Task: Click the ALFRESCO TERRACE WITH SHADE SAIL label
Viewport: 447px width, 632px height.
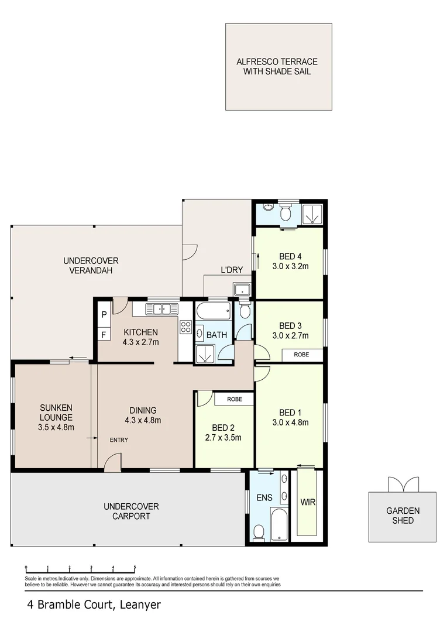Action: click(x=278, y=66)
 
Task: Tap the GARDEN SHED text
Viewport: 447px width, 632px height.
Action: click(x=403, y=516)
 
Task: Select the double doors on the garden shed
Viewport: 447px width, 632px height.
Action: click(x=403, y=484)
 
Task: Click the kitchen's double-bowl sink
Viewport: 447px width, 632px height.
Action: click(x=161, y=309)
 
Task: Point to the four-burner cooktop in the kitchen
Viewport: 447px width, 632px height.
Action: click(x=186, y=327)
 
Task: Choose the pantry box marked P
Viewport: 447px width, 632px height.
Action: click(x=104, y=314)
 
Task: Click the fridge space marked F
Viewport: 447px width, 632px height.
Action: click(x=104, y=335)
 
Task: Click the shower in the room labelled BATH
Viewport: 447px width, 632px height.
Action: click(x=204, y=354)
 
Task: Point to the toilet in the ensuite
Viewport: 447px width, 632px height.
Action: click(x=259, y=532)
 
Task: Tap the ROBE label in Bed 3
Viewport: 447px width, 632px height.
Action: click(x=301, y=355)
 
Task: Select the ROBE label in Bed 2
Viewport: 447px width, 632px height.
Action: click(x=233, y=399)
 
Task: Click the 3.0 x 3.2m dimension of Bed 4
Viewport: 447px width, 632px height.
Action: click(x=290, y=266)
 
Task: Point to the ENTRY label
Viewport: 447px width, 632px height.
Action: click(x=119, y=440)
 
